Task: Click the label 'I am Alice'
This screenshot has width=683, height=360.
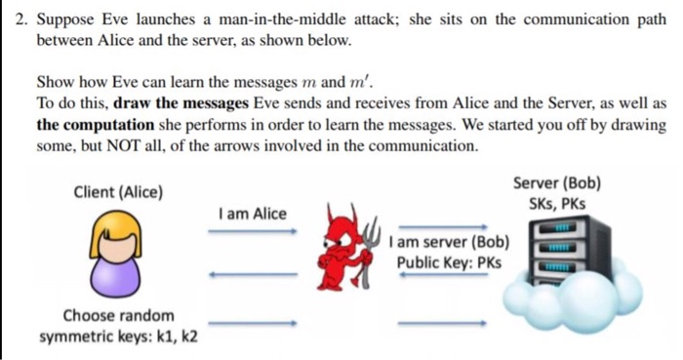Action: (253, 213)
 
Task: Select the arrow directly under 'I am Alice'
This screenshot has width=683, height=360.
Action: (252, 231)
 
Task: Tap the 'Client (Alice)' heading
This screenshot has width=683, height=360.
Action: (118, 191)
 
